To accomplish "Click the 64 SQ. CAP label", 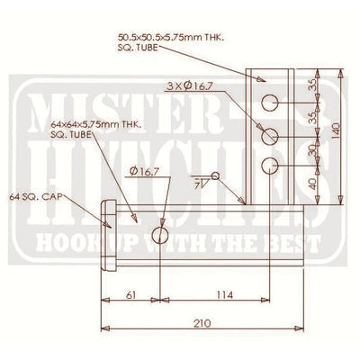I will [x=32, y=194].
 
